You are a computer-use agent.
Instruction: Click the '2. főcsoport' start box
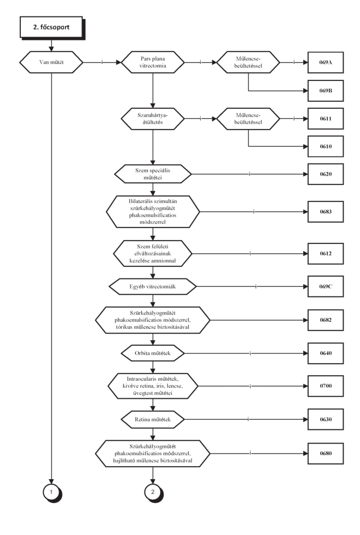pos(51,27)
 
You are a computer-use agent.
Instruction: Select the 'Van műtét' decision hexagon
pos(51,62)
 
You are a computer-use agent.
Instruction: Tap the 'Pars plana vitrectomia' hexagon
pos(153,62)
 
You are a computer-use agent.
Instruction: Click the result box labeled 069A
pos(326,62)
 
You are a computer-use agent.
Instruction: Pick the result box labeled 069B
pos(326,91)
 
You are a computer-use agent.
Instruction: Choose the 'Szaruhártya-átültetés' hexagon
pos(153,119)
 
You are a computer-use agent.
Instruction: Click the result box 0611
pos(326,119)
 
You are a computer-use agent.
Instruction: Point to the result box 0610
pos(326,147)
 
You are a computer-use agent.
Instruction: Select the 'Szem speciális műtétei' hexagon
pos(153,174)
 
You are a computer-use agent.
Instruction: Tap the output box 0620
pos(326,174)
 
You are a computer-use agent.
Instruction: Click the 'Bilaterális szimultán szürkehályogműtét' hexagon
pos(153,212)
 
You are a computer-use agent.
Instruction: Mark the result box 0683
pos(326,212)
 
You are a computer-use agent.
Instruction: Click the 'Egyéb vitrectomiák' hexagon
pos(153,287)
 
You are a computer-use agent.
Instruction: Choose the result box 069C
pos(326,287)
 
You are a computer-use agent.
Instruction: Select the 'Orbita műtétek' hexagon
pos(153,353)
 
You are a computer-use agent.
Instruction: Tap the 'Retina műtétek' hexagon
pos(153,420)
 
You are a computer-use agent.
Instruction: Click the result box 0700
pos(326,386)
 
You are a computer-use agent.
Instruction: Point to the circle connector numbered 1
pos(52,492)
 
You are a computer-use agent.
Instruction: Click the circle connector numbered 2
pos(153,492)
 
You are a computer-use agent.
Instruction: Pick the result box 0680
pos(326,453)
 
